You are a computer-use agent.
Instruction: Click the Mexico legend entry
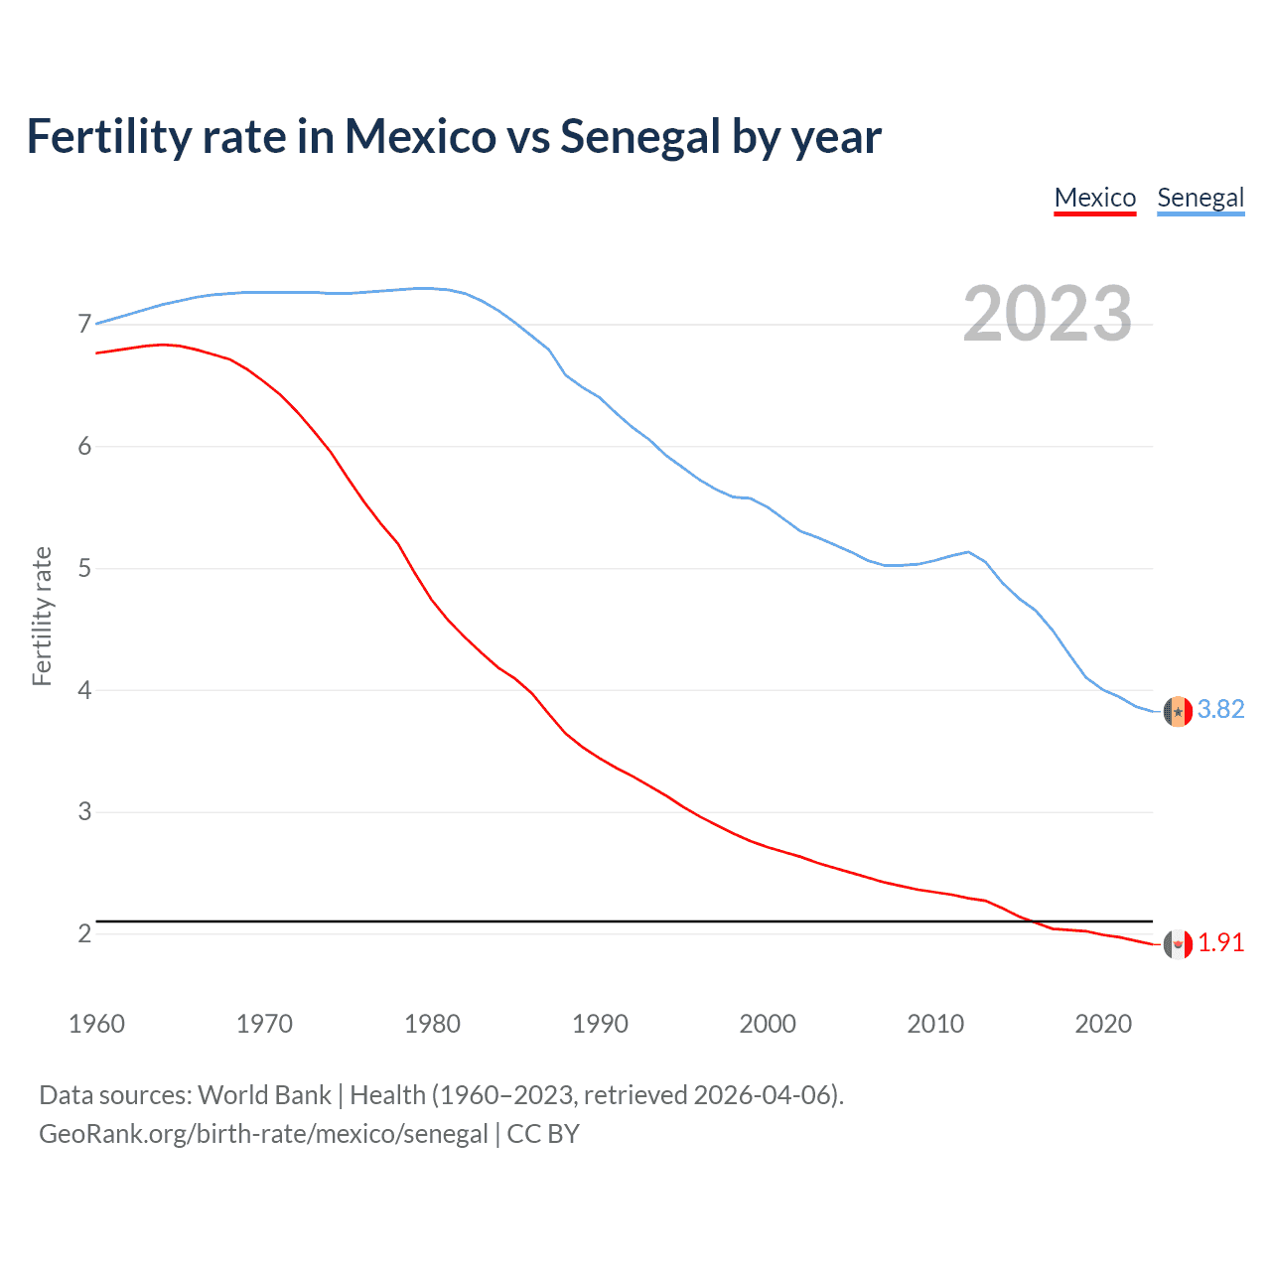pos(1094,198)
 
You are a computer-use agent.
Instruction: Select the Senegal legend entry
pos(1200,198)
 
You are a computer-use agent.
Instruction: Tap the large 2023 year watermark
pos(1048,314)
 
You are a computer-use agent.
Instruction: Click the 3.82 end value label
pos(1220,709)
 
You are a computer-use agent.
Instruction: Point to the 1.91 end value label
pos(1220,942)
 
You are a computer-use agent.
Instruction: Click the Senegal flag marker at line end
pos(1178,711)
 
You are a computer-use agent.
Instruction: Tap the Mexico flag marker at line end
pos(1178,944)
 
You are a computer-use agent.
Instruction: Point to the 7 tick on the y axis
pos(84,325)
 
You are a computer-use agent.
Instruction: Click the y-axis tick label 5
pos(84,569)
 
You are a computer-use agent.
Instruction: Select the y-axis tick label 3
pos(84,812)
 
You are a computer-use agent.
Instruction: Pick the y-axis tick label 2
pos(84,934)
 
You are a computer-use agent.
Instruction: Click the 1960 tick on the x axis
pos(96,1024)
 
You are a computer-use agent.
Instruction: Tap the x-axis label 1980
pos(432,1024)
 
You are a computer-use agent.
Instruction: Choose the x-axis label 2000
pos(768,1024)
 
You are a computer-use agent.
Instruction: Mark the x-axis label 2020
pos(1103,1024)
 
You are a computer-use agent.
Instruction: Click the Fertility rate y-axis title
pos(42,616)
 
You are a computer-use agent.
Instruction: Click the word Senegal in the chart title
pos(639,137)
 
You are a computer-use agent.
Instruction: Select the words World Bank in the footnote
pos(264,1095)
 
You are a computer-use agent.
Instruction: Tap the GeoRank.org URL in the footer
pos(263,1134)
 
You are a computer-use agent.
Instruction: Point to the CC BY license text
pos(543,1134)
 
